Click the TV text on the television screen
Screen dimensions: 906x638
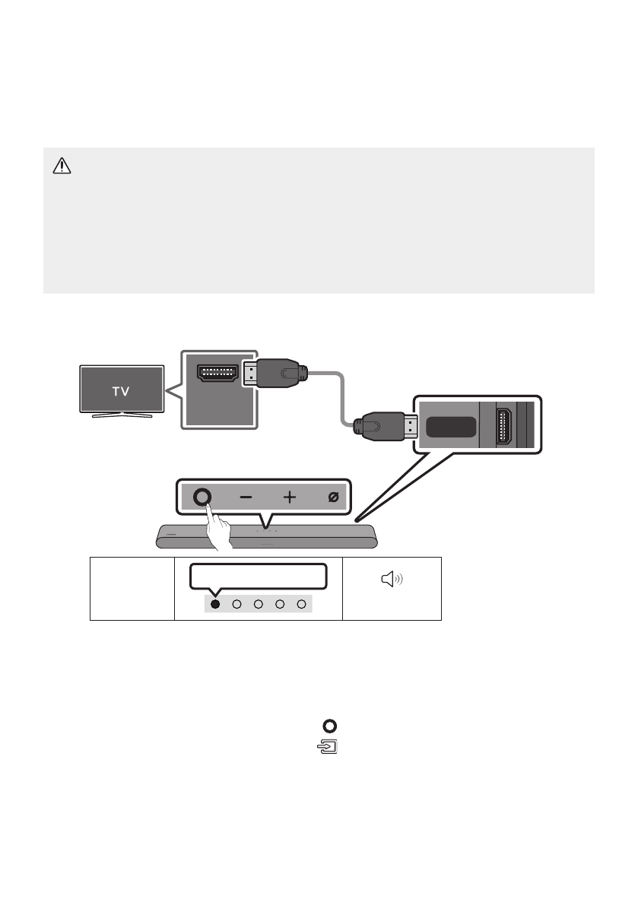point(122,392)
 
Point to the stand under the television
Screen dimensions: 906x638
point(122,415)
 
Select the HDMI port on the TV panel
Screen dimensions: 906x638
point(217,374)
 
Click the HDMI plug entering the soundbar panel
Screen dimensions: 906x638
point(384,428)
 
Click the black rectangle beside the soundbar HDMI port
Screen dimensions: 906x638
point(452,427)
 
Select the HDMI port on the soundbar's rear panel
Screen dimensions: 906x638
point(504,427)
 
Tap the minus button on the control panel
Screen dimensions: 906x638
point(246,498)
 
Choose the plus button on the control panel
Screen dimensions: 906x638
point(290,498)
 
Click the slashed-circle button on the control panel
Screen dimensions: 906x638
point(332,498)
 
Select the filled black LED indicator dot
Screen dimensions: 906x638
point(215,604)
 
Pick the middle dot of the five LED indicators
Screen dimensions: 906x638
point(259,604)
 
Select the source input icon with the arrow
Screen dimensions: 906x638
point(328,746)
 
